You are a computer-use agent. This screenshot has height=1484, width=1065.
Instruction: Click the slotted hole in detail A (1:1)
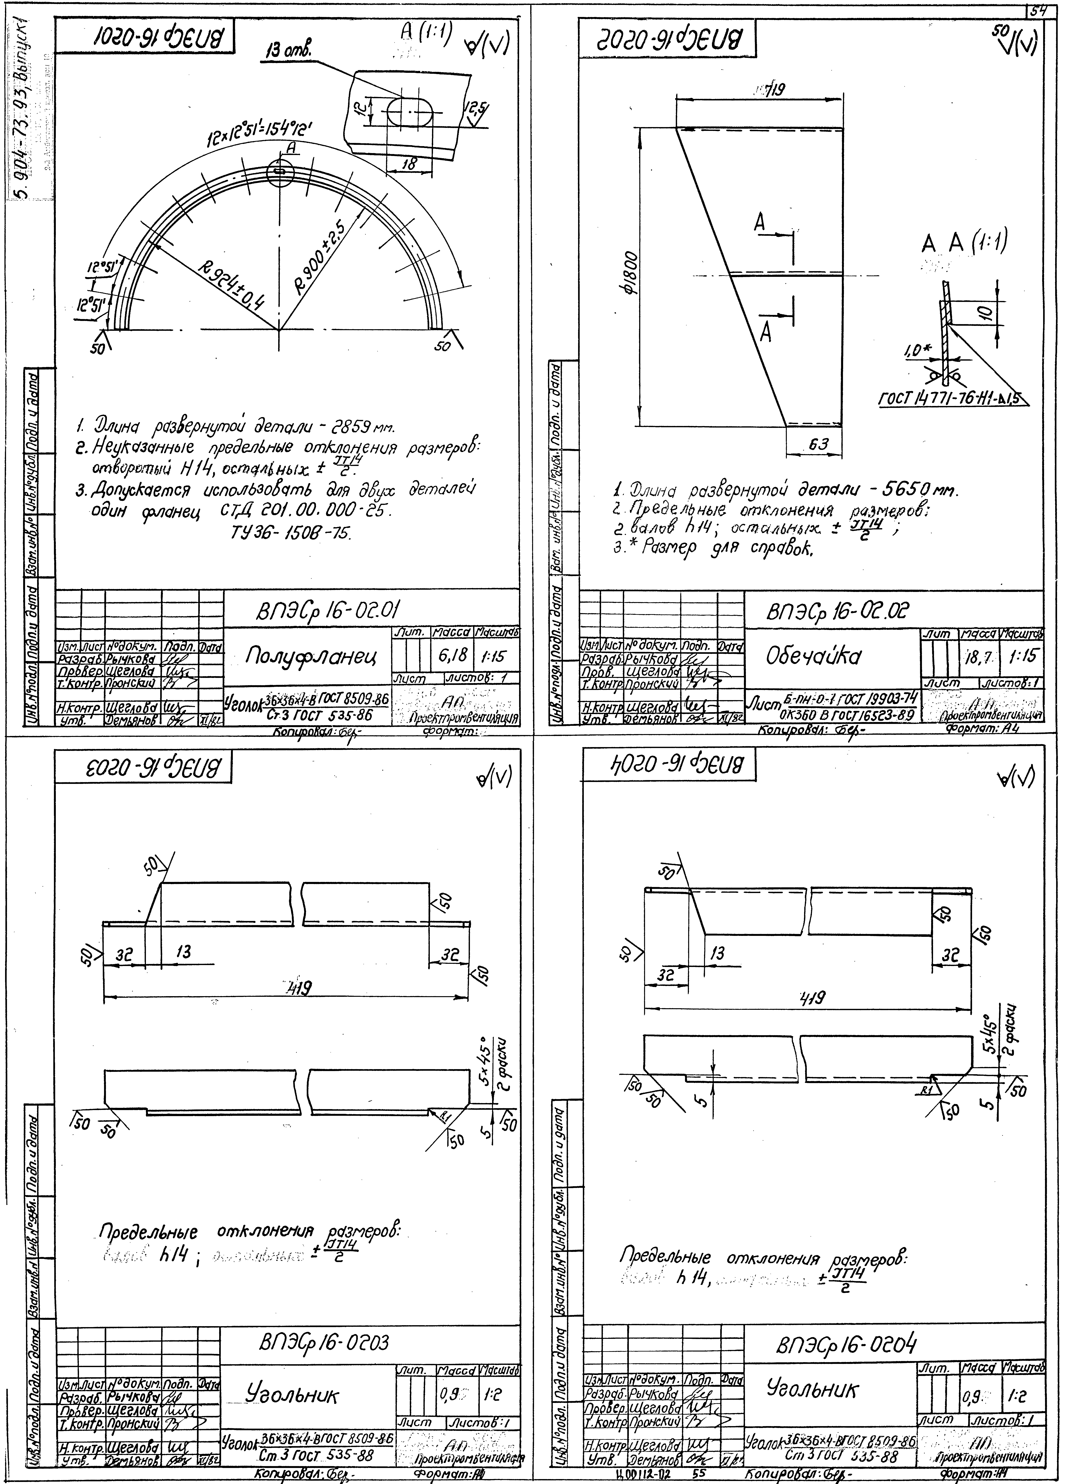(410, 112)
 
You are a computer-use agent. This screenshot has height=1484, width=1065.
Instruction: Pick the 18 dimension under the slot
(409, 164)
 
